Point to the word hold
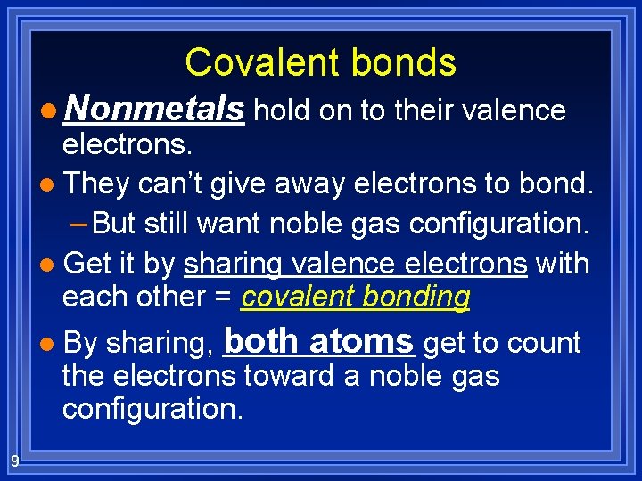pyautogui.click(x=279, y=110)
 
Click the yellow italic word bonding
pyautogui.click(x=418, y=298)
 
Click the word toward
pyautogui.click(x=284, y=377)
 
